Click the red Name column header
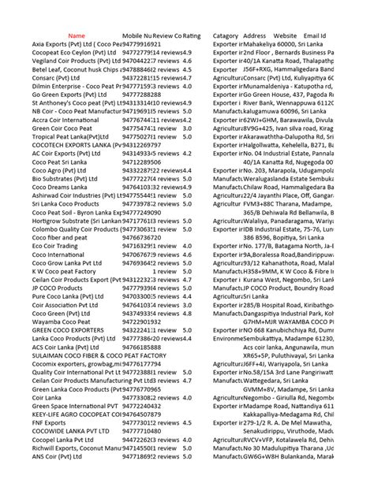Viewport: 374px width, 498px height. [x=77, y=36]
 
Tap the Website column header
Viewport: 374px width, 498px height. [x=285, y=36]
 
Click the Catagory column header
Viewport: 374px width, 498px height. [x=226, y=36]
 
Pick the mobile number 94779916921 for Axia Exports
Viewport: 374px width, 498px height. [x=142, y=44]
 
